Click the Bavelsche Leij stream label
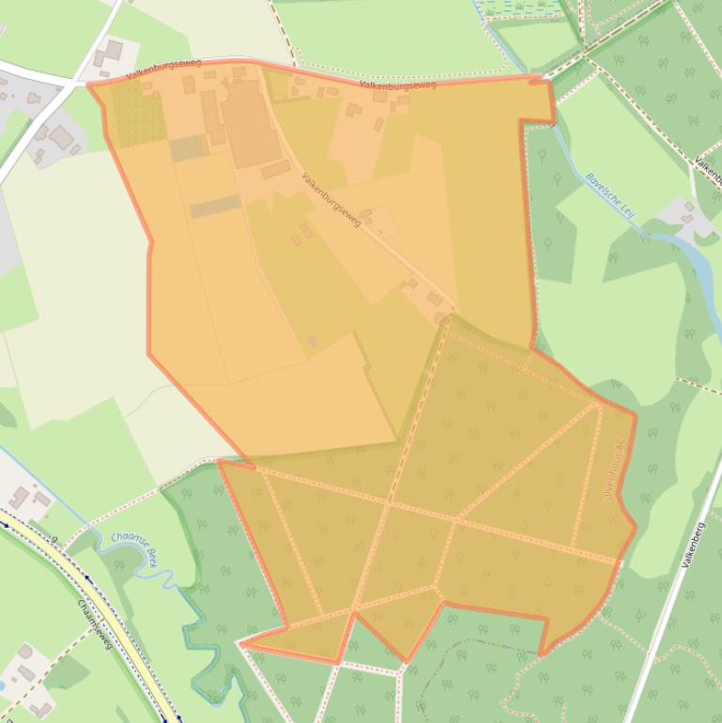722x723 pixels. [x=610, y=195]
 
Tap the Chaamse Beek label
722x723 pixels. [x=135, y=548]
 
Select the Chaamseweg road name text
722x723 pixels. [x=96, y=623]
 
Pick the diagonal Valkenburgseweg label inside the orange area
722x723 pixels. [x=331, y=199]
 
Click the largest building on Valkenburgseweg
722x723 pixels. [x=250, y=123]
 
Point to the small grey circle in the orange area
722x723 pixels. [x=313, y=341]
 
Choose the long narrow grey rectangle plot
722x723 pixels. [x=216, y=206]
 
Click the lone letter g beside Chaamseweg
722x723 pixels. [x=54, y=539]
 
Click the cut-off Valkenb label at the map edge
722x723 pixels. [x=708, y=170]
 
